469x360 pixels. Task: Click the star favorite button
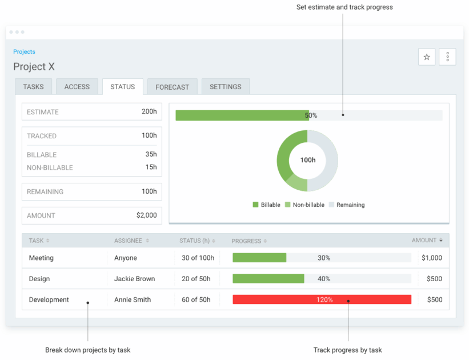pos(427,57)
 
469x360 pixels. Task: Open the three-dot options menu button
pos(447,57)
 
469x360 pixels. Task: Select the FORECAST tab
pos(172,87)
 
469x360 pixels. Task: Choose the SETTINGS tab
pos(226,87)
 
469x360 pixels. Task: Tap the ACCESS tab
pos(77,87)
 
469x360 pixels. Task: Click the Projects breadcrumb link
pos(24,52)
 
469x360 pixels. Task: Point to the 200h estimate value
pos(149,112)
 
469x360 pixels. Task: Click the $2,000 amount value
pos(146,215)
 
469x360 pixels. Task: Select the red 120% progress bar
pos(322,299)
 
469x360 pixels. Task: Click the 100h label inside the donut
pos(307,160)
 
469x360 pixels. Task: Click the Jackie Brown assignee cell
pos(134,279)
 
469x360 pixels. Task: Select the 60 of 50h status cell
pos(196,299)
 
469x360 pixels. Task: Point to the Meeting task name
pos(41,258)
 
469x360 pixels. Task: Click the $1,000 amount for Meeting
pos(431,258)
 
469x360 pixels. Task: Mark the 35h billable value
pos(151,154)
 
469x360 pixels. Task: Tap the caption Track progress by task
pos(347,350)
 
